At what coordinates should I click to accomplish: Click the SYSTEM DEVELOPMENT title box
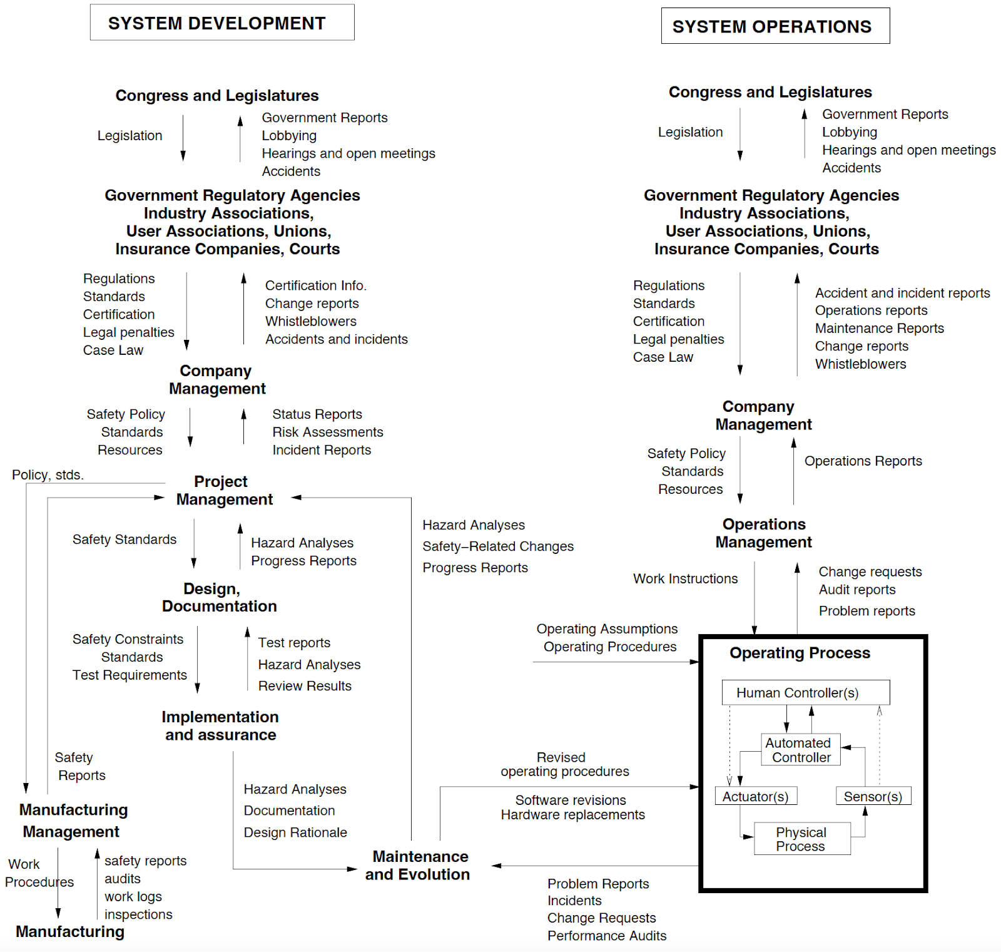[x=222, y=23]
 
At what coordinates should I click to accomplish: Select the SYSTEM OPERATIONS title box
[x=775, y=26]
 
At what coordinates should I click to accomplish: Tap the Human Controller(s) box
[x=805, y=692]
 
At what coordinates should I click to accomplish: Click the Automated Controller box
[x=800, y=749]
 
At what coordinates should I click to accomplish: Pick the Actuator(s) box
[x=755, y=796]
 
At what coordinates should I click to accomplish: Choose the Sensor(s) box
[x=873, y=796]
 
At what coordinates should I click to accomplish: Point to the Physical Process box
[x=801, y=839]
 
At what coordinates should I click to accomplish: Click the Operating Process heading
[x=800, y=653]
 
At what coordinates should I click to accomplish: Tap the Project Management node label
[x=223, y=490]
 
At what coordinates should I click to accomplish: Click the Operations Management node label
[x=764, y=533]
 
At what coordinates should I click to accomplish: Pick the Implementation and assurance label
[x=220, y=725]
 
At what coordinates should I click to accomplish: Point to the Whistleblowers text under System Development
[x=310, y=321]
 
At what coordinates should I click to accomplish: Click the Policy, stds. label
[x=48, y=474]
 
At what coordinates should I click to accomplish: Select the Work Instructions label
[x=685, y=578]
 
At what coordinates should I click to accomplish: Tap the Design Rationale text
[x=295, y=832]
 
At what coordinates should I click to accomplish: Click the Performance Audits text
[x=606, y=935]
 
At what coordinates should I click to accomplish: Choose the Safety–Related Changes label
[x=497, y=546]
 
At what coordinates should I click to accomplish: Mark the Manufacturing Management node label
[x=73, y=820]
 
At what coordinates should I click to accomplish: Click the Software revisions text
[x=570, y=800]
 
